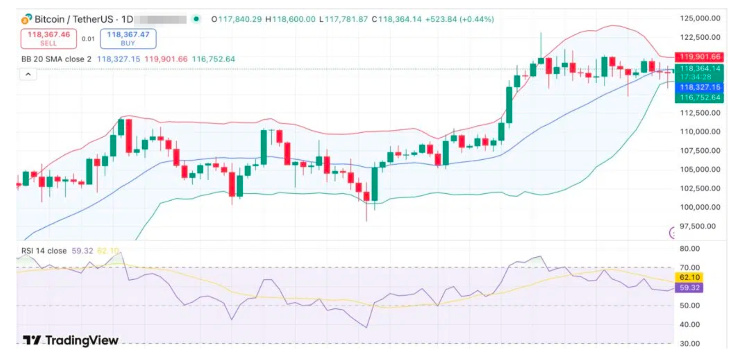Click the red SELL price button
pos(49,39)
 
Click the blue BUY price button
pos(128,39)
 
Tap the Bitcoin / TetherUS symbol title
pos(74,19)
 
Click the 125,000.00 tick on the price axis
pos(700,18)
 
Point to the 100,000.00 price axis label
pos(700,207)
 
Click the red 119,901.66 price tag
pos(699,57)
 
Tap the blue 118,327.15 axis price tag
pos(699,87)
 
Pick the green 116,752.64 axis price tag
pos(699,97)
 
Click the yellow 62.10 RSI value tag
pos(689,277)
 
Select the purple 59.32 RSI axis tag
pos(689,287)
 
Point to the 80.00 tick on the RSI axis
pos(689,248)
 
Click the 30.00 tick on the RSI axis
pos(689,343)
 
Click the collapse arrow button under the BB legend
pos(28,74)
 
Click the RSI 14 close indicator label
pos(44,251)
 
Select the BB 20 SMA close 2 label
pos(56,59)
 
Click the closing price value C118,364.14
pos(396,19)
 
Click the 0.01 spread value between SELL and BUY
pos(88,39)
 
